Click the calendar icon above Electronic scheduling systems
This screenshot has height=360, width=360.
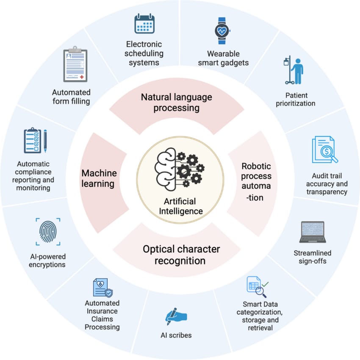pyautogui.click(x=144, y=24)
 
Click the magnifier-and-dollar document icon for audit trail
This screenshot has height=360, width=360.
pyautogui.click(x=325, y=150)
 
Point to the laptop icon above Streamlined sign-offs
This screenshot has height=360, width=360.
pyautogui.click(x=312, y=232)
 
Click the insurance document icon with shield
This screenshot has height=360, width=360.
pyautogui.click(x=102, y=288)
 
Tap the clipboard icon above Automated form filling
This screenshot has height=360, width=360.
pyautogui.click(x=75, y=66)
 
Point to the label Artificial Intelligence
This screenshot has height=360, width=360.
pyautogui.click(x=180, y=206)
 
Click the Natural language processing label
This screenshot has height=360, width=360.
pyautogui.click(x=177, y=102)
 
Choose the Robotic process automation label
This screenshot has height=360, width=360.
pyautogui.click(x=256, y=181)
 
